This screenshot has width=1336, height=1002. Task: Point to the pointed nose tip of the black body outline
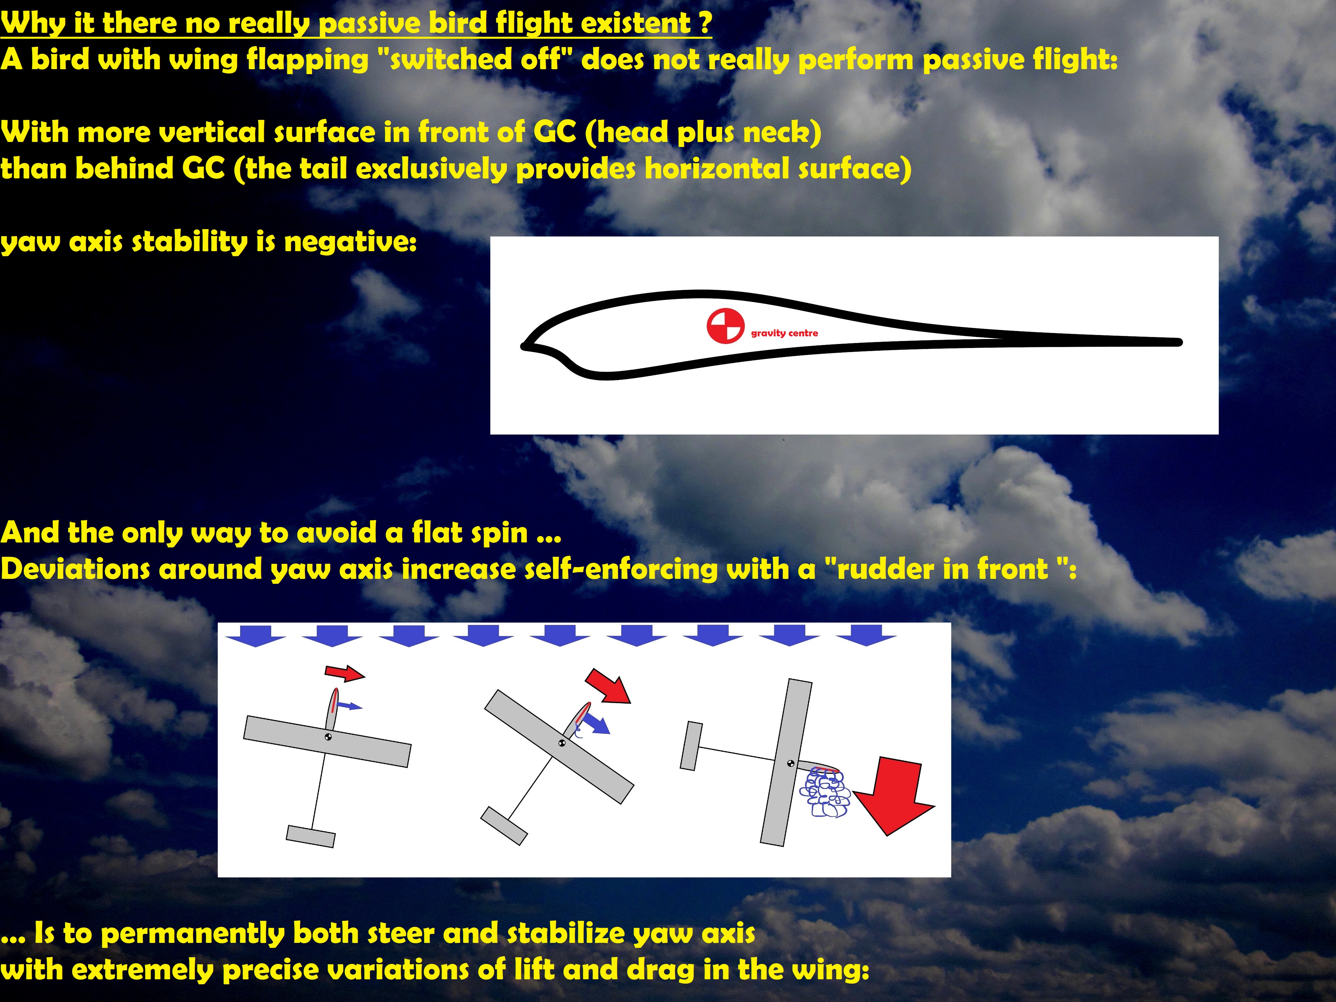[523, 346]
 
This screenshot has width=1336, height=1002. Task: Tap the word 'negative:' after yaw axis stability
[350, 242]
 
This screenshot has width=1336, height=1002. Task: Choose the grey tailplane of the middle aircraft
[504, 826]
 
